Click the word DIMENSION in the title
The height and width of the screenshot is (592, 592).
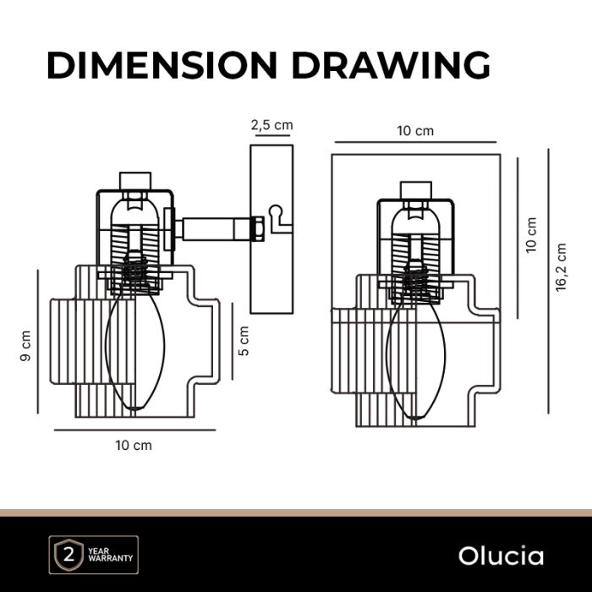[x=161, y=65]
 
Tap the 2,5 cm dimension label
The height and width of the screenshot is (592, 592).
[x=271, y=125]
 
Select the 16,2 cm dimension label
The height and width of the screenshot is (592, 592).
[x=561, y=267]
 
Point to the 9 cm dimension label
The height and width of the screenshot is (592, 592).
[x=25, y=345]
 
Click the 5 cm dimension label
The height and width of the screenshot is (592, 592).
[x=244, y=342]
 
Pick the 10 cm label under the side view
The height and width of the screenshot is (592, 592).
[x=134, y=445]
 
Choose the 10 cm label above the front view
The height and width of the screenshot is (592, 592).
[x=414, y=130]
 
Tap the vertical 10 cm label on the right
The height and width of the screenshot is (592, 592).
[x=530, y=235]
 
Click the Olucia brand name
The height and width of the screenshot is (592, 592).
[x=502, y=556]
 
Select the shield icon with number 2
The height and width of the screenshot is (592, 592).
[x=64, y=556]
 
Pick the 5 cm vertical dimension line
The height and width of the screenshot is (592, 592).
[x=231, y=343]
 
